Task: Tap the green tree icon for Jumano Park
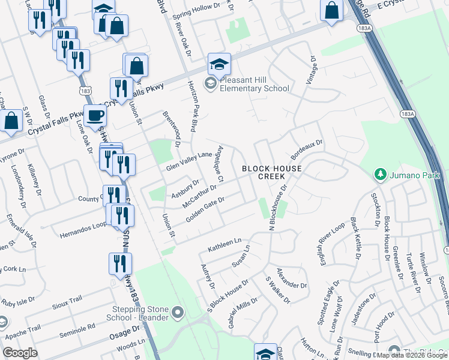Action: pos(379,175)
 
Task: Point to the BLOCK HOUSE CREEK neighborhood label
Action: pos(272,173)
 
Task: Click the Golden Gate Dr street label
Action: pos(205,210)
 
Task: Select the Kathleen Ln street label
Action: pos(224,245)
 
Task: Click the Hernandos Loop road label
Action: pos(83,232)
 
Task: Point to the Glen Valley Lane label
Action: pos(190,161)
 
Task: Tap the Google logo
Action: pos(20,353)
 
